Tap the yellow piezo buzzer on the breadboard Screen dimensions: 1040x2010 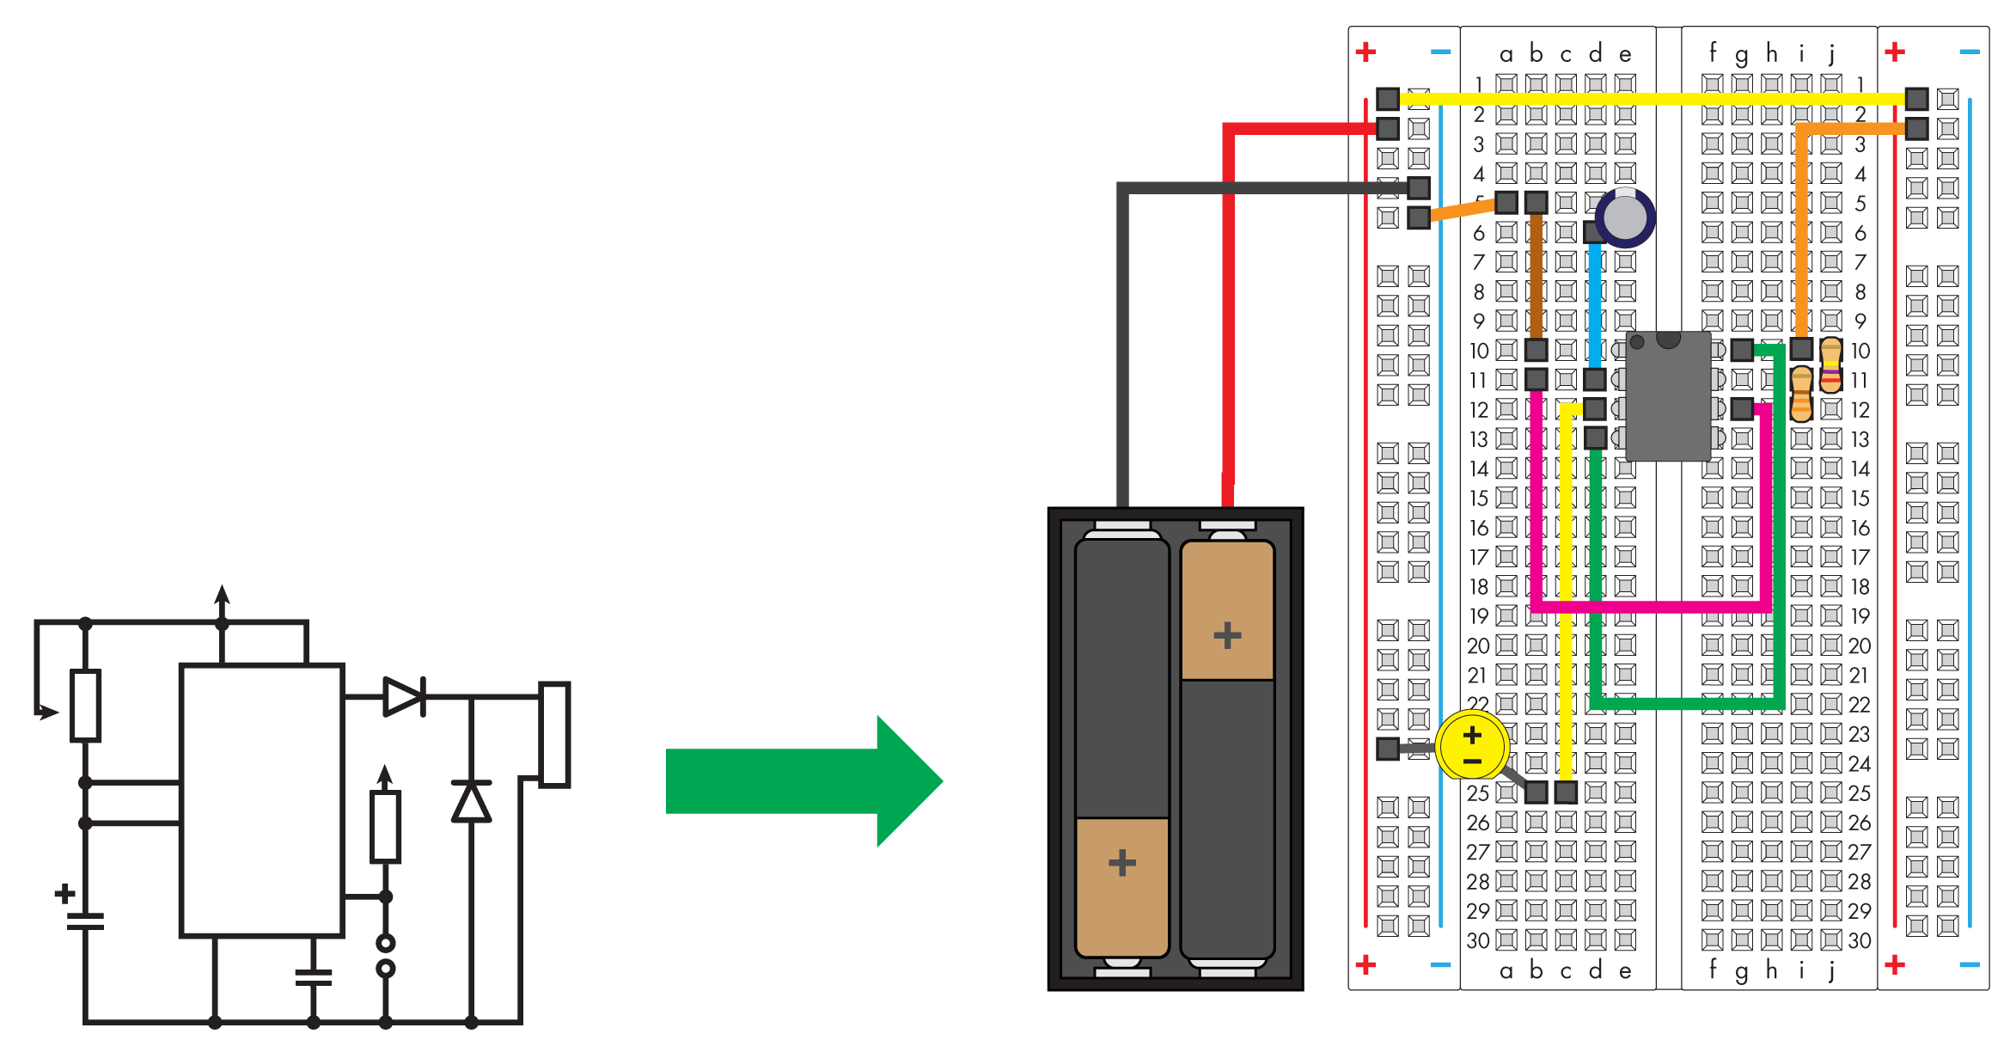click(1471, 745)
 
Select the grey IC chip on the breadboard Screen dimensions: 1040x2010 click(1668, 397)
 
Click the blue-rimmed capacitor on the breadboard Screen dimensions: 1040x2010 click(1625, 217)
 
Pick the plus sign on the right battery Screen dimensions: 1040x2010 click(1227, 635)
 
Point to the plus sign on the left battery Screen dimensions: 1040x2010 click(1121, 862)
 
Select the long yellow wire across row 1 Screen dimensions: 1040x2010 click(1650, 99)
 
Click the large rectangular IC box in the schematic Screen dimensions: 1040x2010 click(261, 799)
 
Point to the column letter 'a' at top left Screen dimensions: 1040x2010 click(1506, 55)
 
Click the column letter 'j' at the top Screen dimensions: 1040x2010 click(1831, 53)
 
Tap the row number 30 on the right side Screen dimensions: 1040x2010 click(1860, 940)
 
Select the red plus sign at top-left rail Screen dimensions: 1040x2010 click(1365, 52)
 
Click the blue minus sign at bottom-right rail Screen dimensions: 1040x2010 click(1970, 964)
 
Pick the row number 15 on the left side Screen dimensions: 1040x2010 click(1478, 499)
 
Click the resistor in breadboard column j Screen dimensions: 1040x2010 click(1831, 364)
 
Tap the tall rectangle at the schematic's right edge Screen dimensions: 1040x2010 click(554, 735)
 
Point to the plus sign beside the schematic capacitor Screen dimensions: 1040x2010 click(64, 894)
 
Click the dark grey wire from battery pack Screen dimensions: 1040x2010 click(1122, 344)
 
